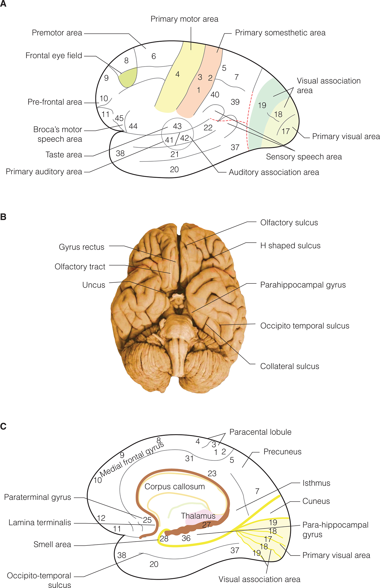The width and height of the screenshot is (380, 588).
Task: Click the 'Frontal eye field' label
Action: pyautogui.click(x=54, y=56)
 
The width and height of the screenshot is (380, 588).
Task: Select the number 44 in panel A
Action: pyautogui.click(x=133, y=126)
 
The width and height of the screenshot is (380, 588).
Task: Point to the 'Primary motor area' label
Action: pyautogui.click(x=184, y=19)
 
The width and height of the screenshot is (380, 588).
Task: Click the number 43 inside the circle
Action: pyautogui.click(x=177, y=126)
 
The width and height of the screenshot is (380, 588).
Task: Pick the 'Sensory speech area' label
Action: pyautogui.click(x=304, y=157)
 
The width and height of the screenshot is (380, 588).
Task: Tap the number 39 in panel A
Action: pyautogui.click(x=235, y=102)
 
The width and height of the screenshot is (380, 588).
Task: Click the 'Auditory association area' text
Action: pyautogui.click(x=274, y=172)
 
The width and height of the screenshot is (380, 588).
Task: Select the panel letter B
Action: pyautogui.click(x=3, y=217)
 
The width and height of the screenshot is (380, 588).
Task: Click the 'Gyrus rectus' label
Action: pyautogui.click(x=82, y=247)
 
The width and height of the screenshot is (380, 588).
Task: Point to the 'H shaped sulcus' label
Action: pyautogui.click(x=290, y=246)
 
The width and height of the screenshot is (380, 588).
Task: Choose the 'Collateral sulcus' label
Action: pyautogui.click(x=289, y=366)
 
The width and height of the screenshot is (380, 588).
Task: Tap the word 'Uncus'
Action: pyautogui.click(x=94, y=285)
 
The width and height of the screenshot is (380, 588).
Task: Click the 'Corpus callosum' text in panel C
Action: pyautogui.click(x=175, y=487)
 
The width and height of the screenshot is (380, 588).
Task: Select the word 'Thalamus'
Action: pyautogui.click(x=198, y=516)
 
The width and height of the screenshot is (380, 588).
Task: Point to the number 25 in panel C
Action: pyautogui.click(x=147, y=520)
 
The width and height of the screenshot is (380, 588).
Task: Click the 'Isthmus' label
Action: pyautogui.click(x=316, y=483)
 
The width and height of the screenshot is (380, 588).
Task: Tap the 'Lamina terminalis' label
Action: pyautogui.click(x=40, y=523)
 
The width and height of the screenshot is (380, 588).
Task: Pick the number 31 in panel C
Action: pyautogui.click(x=189, y=459)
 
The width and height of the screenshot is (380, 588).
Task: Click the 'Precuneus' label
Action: pyautogui.click(x=282, y=452)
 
